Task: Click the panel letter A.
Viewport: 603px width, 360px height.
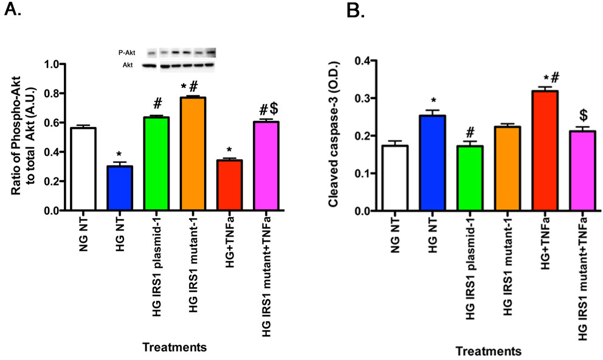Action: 12,10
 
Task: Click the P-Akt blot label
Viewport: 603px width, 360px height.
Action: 128,53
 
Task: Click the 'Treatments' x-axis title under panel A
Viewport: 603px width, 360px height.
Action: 173,347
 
